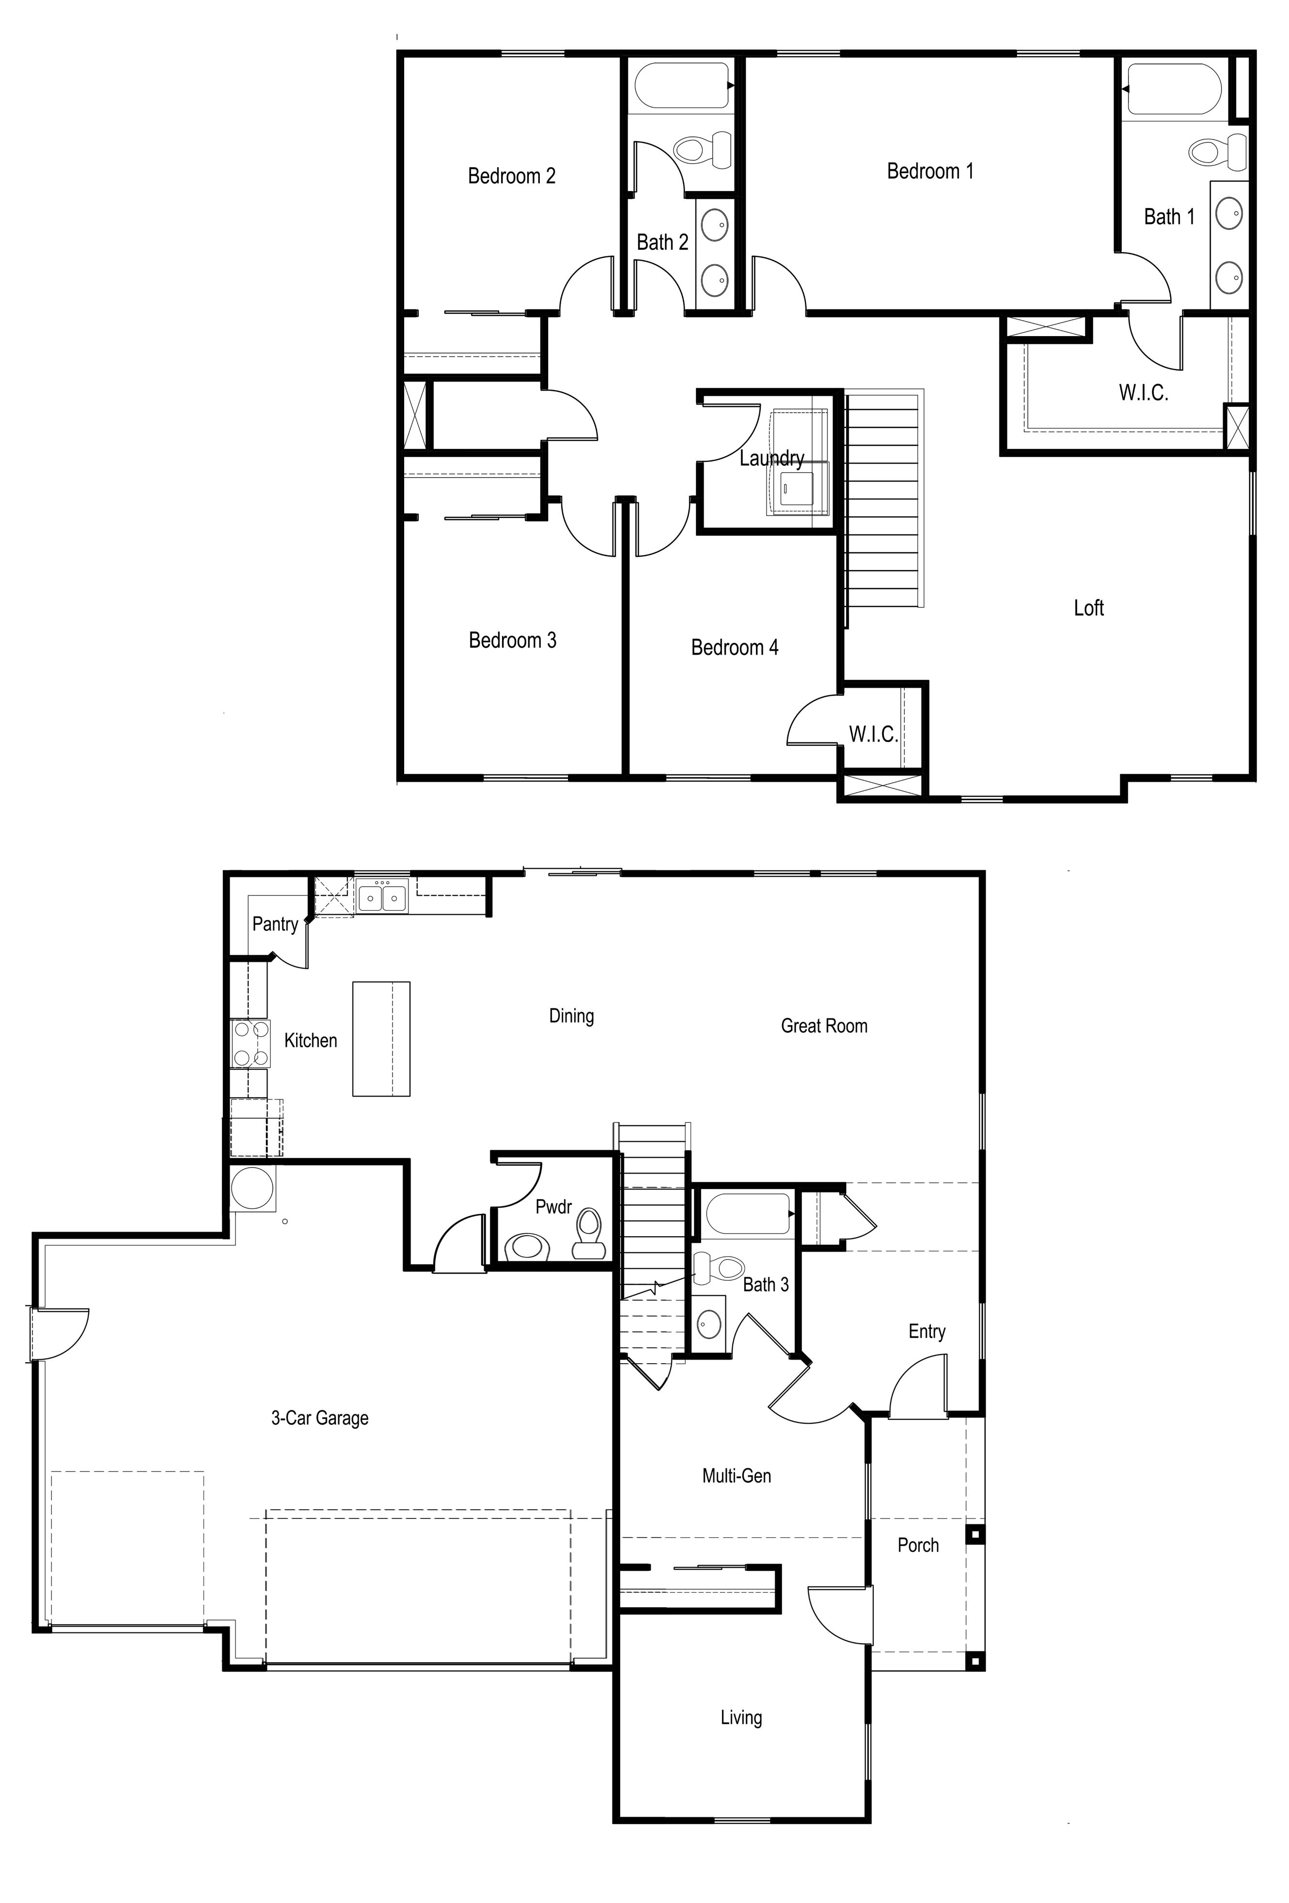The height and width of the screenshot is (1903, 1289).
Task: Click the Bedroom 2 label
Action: click(x=512, y=176)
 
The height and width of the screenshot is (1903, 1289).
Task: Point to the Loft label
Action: click(x=1088, y=608)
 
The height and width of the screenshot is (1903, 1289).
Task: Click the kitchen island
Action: click(x=380, y=1038)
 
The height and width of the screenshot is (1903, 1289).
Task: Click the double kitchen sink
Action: click(x=382, y=898)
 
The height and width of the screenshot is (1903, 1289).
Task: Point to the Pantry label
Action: click(x=275, y=924)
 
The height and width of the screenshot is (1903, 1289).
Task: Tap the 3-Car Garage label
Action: click(x=320, y=1418)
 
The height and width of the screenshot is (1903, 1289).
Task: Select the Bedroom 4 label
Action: click(x=734, y=648)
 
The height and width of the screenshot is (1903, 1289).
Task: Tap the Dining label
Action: click(x=571, y=1016)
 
